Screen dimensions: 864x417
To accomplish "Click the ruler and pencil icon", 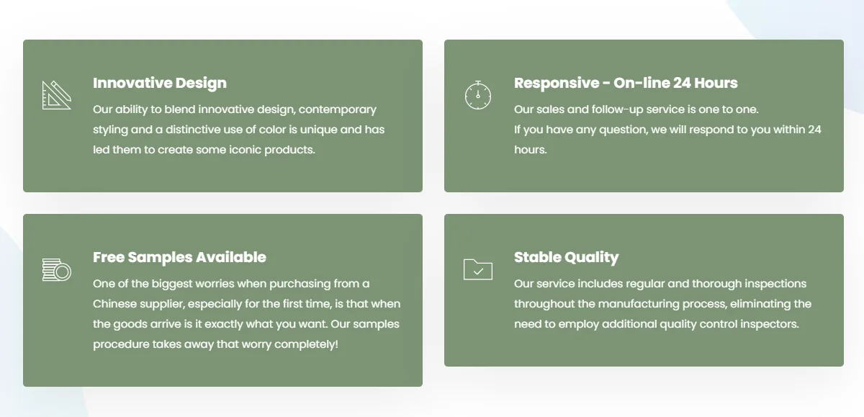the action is [x=57, y=95].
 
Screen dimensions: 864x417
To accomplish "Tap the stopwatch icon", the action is [x=478, y=95].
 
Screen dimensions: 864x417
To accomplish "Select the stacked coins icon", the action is [x=57, y=269].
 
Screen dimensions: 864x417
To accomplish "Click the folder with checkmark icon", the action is [x=478, y=269].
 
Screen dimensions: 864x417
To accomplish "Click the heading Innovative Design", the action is [x=160, y=84].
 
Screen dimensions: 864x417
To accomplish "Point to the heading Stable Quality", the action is [x=566, y=258].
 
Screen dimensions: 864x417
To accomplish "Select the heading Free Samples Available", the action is [x=179, y=257].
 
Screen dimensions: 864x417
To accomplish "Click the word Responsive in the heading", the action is [x=557, y=84].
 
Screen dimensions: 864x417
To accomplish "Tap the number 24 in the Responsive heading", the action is [x=682, y=83].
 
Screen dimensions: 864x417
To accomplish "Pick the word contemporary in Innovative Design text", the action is [x=338, y=110].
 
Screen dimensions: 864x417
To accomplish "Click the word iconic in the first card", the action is [x=245, y=150].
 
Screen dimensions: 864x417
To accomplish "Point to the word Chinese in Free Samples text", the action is [x=114, y=304].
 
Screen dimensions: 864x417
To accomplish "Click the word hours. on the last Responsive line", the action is [x=531, y=150].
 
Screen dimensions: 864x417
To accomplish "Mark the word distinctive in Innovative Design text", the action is [x=193, y=130].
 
